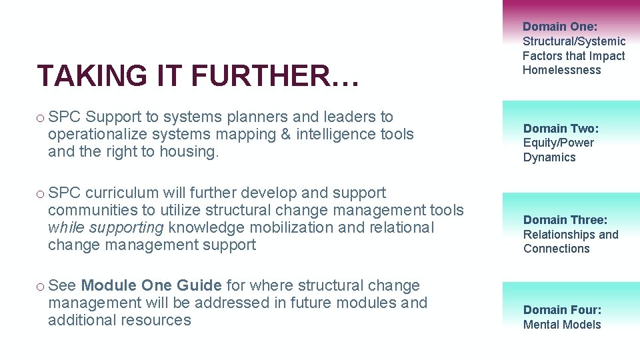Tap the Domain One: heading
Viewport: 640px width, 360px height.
560,27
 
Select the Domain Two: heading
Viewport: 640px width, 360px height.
561,128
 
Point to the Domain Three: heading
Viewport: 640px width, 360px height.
565,219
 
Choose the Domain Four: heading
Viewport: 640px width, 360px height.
562,309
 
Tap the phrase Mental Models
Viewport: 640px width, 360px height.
562,325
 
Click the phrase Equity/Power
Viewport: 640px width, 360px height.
558,143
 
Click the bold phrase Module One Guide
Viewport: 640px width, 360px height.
151,285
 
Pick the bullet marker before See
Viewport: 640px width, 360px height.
41,286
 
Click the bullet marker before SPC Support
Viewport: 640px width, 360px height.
41,117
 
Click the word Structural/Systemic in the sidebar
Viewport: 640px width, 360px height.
573,41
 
